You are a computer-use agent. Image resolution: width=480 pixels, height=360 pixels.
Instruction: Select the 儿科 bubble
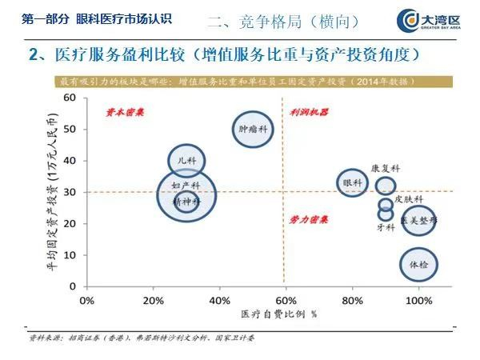pyautogui.click(x=187, y=160)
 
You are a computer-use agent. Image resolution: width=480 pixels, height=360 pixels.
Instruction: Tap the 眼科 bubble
pyautogui.click(x=352, y=183)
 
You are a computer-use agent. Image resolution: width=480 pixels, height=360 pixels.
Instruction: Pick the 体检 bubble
pyautogui.click(x=418, y=264)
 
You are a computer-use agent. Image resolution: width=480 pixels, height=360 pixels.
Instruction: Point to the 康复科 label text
pyautogui.click(x=385, y=169)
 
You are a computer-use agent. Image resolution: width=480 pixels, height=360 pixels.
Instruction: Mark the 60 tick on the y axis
pyautogui.click(x=70, y=98)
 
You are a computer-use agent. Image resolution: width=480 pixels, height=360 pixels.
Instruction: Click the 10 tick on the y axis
pyautogui.click(x=70, y=254)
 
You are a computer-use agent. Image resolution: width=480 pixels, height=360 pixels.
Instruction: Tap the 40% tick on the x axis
pyautogui.click(x=219, y=300)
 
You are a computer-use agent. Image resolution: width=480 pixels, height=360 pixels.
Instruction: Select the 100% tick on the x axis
pyautogui.click(x=418, y=300)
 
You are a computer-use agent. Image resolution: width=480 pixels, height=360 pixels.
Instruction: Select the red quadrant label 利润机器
pyautogui.click(x=310, y=113)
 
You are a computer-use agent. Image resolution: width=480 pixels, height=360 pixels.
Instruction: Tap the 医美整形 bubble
pyautogui.click(x=419, y=218)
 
